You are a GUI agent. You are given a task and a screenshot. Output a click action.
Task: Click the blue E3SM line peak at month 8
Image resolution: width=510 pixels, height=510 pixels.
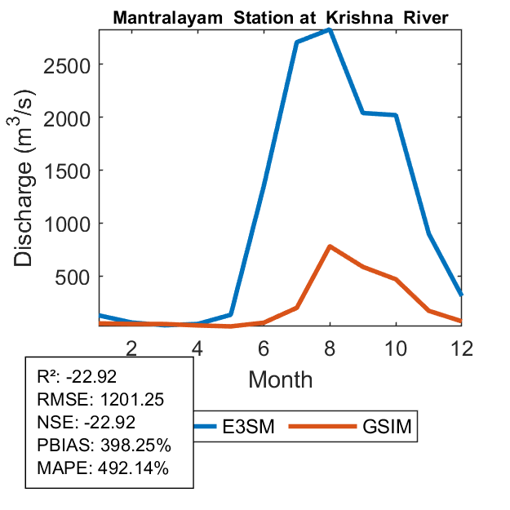tap(329, 29)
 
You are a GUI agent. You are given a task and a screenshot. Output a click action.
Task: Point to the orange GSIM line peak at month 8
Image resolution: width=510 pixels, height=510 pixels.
tap(329, 246)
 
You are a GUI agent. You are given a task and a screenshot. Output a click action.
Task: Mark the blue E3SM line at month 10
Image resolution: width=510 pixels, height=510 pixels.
tap(396, 115)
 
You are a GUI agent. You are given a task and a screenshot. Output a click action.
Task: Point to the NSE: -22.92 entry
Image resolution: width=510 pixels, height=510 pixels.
tap(86, 422)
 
